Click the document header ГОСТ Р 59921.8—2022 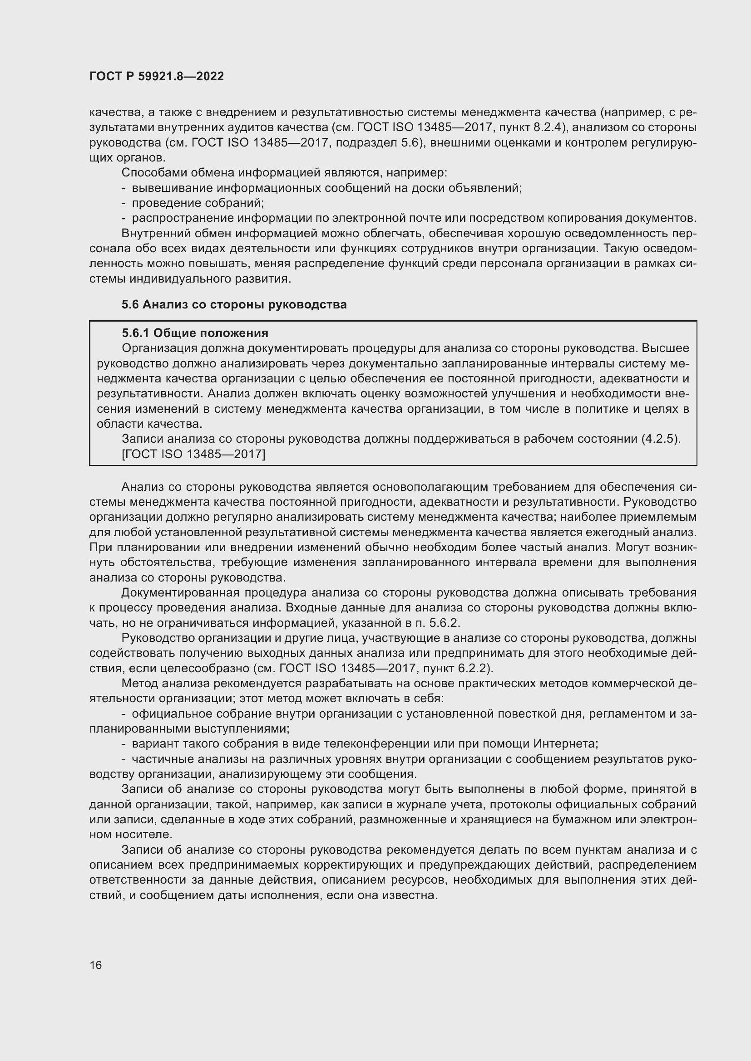point(156,76)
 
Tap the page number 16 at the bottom point(96,965)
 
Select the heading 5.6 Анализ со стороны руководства point(234,304)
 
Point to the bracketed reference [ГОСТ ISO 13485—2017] point(193,455)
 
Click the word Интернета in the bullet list point(565,743)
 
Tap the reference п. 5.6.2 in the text point(436,623)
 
